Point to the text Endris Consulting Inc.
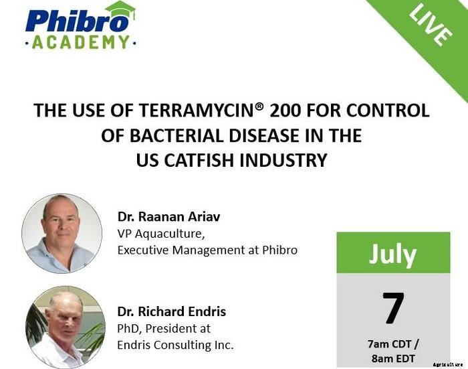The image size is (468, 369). (176, 346)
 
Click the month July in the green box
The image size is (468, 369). (393, 254)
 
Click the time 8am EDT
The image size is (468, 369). (394, 359)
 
